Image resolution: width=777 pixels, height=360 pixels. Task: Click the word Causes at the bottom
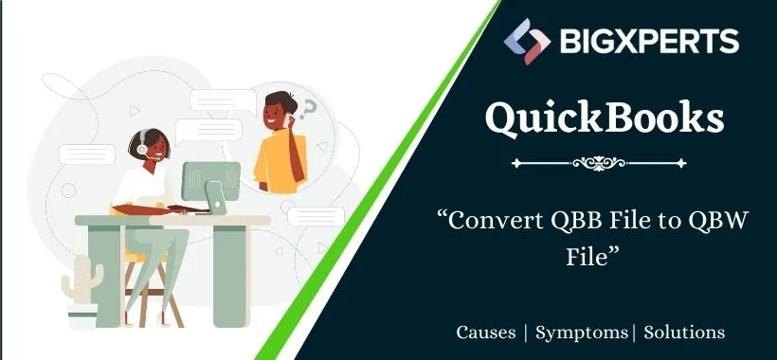click(487, 333)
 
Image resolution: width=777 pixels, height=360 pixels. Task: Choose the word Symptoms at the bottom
click(582, 333)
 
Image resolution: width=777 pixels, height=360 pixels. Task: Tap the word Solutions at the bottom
click(685, 333)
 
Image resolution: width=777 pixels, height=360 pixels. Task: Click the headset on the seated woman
click(139, 150)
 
